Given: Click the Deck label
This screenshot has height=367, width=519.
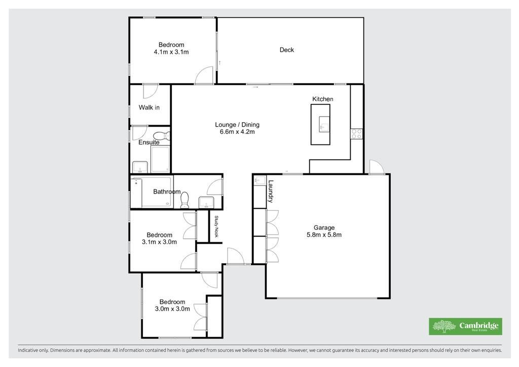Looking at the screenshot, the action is pyautogui.click(x=287, y=50).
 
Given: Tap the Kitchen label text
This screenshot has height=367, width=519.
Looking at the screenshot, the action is pyautogui.click(x=323, y=99).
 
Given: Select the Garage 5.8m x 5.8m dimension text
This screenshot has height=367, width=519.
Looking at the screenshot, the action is pyautogui.click(x=324, y=235).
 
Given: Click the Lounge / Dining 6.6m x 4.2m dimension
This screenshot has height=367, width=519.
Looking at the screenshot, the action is pyautogui.click(x=237, y=132).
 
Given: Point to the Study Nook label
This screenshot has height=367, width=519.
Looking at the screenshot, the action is pyautogui.click(x=216, y=227).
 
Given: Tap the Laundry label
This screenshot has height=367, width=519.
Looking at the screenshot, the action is pyautogui.click(x=271, y=191).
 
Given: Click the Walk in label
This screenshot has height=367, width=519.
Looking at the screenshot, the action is pyautogui.click(x=149, y=107).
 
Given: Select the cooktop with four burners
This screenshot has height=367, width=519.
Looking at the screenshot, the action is pyautogui.click(x=356, y=134).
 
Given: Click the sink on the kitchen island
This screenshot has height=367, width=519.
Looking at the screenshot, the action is pyautogui.click(x=324, y=124).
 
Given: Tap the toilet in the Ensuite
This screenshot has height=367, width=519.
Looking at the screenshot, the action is pyautogui.click(x=162, y=136).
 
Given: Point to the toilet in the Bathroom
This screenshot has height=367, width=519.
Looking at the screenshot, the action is pyautogui.click(x=184, y=201).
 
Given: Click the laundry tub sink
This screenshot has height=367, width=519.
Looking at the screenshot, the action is pyautogui.click(x=260, y=180).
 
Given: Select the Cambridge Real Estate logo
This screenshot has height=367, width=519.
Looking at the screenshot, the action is pyautogui.click(x=465, y=326).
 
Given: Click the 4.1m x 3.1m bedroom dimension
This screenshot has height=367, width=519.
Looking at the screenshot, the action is pyautogui.click(x=171, y=52).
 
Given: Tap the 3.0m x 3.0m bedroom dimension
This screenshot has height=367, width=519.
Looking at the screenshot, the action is pyautogui.click(x=172, y=309).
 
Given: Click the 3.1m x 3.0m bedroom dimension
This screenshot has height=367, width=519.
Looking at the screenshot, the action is pyautogui.click(x=159, y=242).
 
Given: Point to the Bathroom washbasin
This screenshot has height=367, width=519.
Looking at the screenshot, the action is pyautogui.click(x=206, y=202).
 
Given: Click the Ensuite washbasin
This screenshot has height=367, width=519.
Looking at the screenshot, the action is pyautogui.click(x=140, y=167).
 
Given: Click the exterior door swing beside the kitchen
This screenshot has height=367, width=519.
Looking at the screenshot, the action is pyautogui.click(x=377, y=166).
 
